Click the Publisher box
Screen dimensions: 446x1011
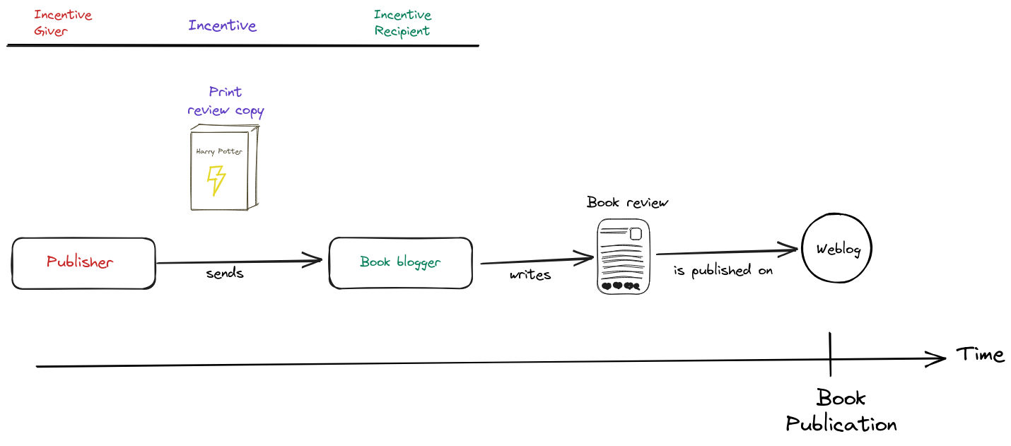click(x=83, y=263)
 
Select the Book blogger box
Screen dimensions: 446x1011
click(x=400, y=263)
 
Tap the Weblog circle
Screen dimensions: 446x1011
click(x=837, y=250)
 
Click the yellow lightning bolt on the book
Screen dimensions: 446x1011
click(x=216, y=180)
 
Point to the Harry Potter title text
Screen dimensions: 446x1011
click(x=218, y=151)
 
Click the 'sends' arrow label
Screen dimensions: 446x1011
click(x=225, y=274)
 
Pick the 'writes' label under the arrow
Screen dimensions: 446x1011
click(x=530, y=275)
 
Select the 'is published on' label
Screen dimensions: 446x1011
click(x=723, y=271)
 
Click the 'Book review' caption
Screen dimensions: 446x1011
click(x=628, y=203)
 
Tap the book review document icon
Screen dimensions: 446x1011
click(x=623, y=256)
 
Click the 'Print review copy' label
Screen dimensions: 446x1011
click(x=226, y=101)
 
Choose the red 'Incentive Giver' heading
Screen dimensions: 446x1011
click(x=62, y=23)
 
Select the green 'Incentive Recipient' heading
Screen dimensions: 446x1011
click(x=402, y=23)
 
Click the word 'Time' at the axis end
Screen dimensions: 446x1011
click(x=980, y=354)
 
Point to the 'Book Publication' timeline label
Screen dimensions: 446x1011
click(x=841, y=411)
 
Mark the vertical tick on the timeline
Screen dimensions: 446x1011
click(x=830, y=354)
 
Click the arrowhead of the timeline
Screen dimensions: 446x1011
click(x=940, y=358)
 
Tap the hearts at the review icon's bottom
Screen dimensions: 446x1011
click(x=621, y=286)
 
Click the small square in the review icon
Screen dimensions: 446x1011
click(x=636, y=234)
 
